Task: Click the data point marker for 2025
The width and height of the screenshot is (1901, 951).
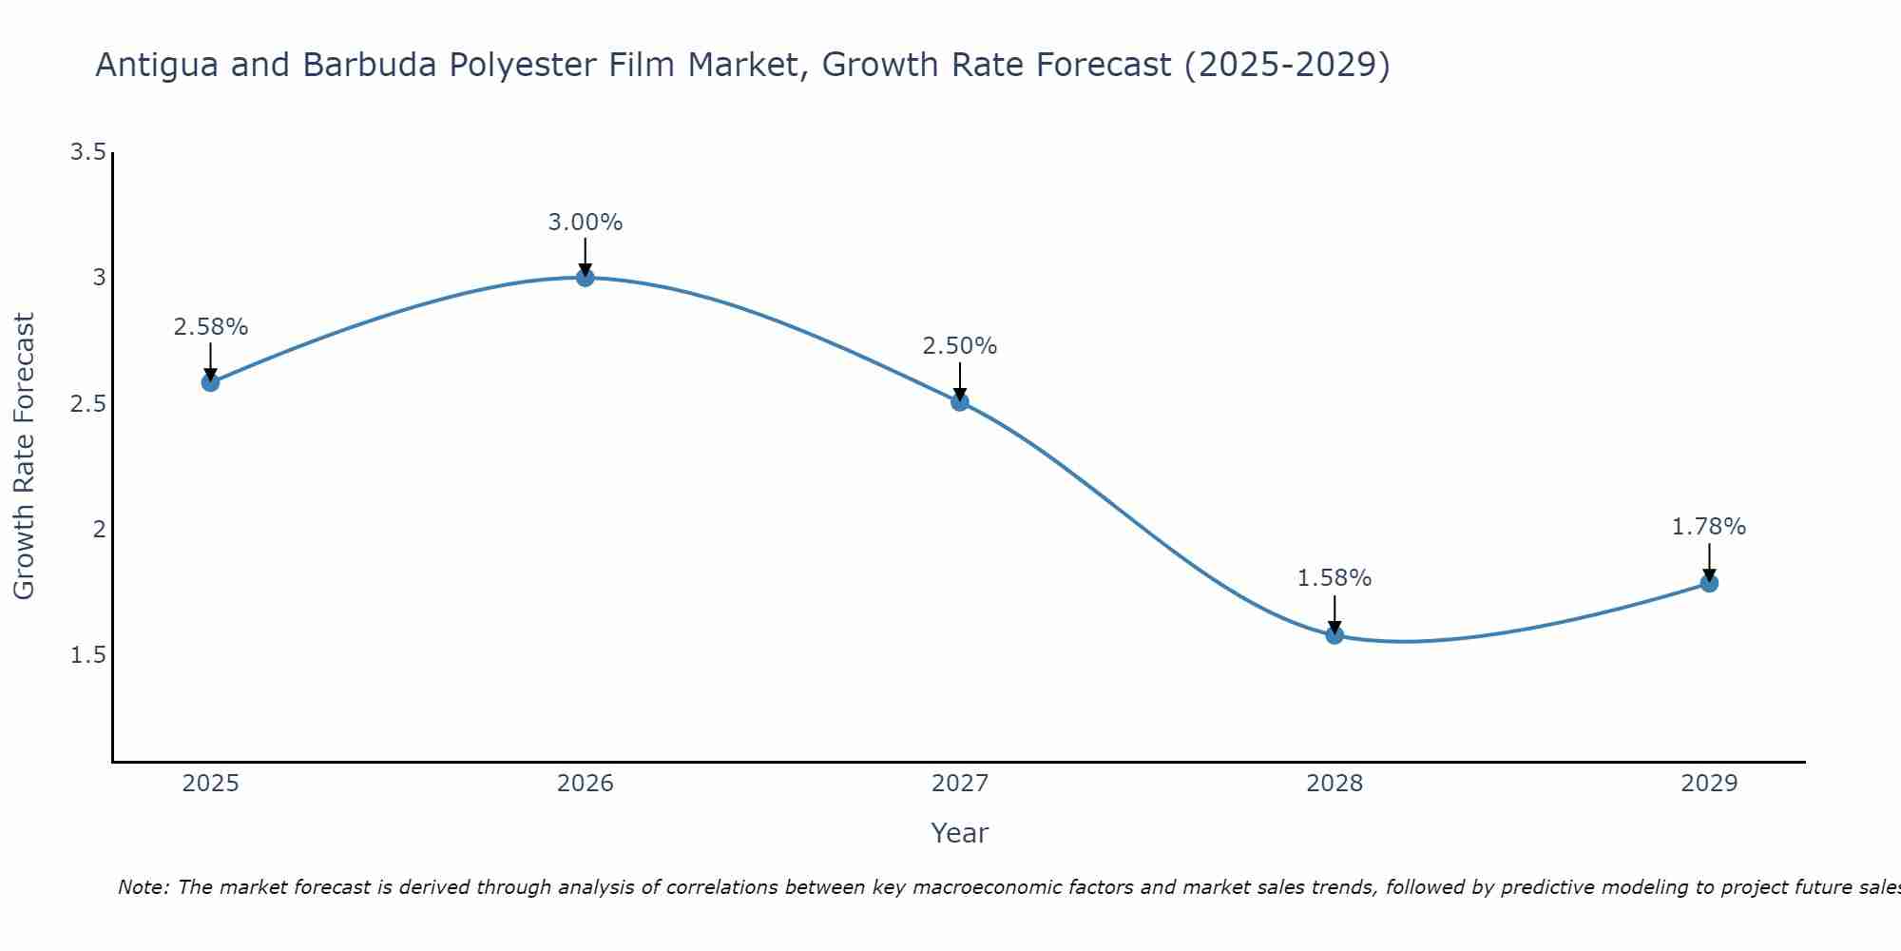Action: (x=210, y=382)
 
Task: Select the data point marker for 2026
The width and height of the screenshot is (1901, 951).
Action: (x=585, y=277)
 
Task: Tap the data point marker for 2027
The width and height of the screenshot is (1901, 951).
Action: (x=960, y=401)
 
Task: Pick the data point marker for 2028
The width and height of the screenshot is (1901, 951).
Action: (x=1335, y=634)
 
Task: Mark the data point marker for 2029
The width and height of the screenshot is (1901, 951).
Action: (x=1709, y=583)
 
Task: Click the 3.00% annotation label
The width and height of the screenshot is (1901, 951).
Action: (x=585, y=223)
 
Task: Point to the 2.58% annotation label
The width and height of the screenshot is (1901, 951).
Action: (x=210, y=327)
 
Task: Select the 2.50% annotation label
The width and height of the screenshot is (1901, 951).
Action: (x=960, y=346)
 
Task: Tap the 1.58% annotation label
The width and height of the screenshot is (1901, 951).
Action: (x=1335, y=578)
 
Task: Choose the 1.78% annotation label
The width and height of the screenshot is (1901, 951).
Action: (x=1709, y=527)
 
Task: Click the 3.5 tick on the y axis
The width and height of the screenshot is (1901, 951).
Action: (x=87, y=152)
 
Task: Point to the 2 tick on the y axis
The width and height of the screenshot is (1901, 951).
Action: (x=99, y=530)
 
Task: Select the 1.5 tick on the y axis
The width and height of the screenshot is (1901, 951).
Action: (x=87, y=655)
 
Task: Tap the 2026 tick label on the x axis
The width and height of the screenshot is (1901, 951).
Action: (x=585, y=784)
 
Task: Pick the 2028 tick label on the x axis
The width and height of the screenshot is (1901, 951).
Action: (x=1335, y=784)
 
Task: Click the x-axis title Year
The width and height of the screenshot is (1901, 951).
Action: (x=960, y=833)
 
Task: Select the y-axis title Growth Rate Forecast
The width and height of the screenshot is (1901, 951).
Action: (x=24, y=456)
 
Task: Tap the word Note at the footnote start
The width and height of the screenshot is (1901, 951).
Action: (x=143, y=887)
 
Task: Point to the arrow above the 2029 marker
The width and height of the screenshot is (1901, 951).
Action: (x=1709, y=561)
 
